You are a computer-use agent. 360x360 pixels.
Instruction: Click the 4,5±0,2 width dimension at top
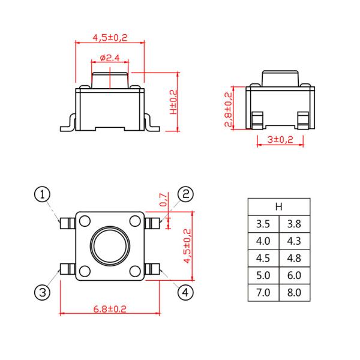point(110,38)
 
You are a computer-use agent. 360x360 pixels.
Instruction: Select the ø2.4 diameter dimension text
point(110,58)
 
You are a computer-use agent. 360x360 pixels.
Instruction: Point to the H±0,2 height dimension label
point(173,102)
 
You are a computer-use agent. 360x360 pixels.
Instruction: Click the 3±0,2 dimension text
point(280,139)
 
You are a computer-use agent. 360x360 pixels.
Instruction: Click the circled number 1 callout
point(41,194)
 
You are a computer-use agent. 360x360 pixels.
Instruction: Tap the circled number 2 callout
point(186,194)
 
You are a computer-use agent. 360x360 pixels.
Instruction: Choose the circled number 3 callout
point(41,292)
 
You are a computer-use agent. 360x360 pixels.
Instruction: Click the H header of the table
point(278,206)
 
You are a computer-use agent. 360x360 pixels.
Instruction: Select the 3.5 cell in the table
point(263,224)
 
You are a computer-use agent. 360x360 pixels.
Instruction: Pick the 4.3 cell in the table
point(294,241)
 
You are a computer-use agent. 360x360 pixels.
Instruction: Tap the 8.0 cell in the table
point(294,293)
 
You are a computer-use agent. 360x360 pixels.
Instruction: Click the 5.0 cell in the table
point(263,275)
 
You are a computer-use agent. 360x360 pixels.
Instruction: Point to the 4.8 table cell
point(294,259)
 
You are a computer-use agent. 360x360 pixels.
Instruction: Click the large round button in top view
point(110,246)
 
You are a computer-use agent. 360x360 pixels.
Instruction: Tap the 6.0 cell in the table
point(294,275)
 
